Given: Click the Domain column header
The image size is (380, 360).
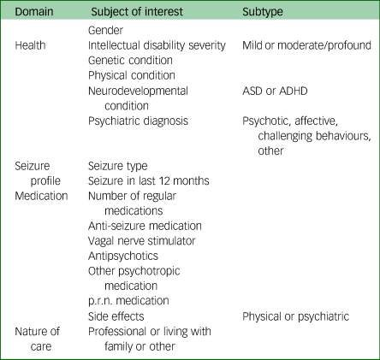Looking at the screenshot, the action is coord(34,12).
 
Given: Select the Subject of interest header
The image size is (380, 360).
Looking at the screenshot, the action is coord(137,12).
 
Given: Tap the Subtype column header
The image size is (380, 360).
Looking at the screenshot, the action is coord(263,12).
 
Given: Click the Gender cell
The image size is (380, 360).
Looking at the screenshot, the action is coord(105,30).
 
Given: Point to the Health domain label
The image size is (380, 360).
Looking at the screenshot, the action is coord(30,45).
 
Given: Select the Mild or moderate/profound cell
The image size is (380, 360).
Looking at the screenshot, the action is coord(306,45).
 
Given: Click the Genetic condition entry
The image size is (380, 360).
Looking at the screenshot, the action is coord(130,61).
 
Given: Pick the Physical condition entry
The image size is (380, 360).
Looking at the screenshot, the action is coord(132,75).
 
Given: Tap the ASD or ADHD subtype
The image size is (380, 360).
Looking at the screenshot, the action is coord(275,91).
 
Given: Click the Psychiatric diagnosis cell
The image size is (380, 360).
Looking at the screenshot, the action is coord(138,121).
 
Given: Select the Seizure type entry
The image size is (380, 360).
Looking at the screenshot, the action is coord(118,166).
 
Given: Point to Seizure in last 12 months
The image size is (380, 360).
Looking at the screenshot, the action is coord(149,181).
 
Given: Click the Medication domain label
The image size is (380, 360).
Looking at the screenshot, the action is coord(41,196).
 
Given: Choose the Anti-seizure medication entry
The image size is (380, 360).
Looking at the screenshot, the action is coord(145,226).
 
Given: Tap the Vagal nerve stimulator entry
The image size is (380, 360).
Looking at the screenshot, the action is coord(142,241).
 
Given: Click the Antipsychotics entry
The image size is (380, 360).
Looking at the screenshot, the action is coord(123,256).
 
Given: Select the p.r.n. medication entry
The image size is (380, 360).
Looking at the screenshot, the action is coord(128,301).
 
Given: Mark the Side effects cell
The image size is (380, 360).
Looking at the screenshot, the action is coord(116,316).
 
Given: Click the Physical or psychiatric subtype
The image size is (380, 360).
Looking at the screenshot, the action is coord(296,316).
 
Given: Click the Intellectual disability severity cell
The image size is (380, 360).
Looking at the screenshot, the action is coord(157,45).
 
